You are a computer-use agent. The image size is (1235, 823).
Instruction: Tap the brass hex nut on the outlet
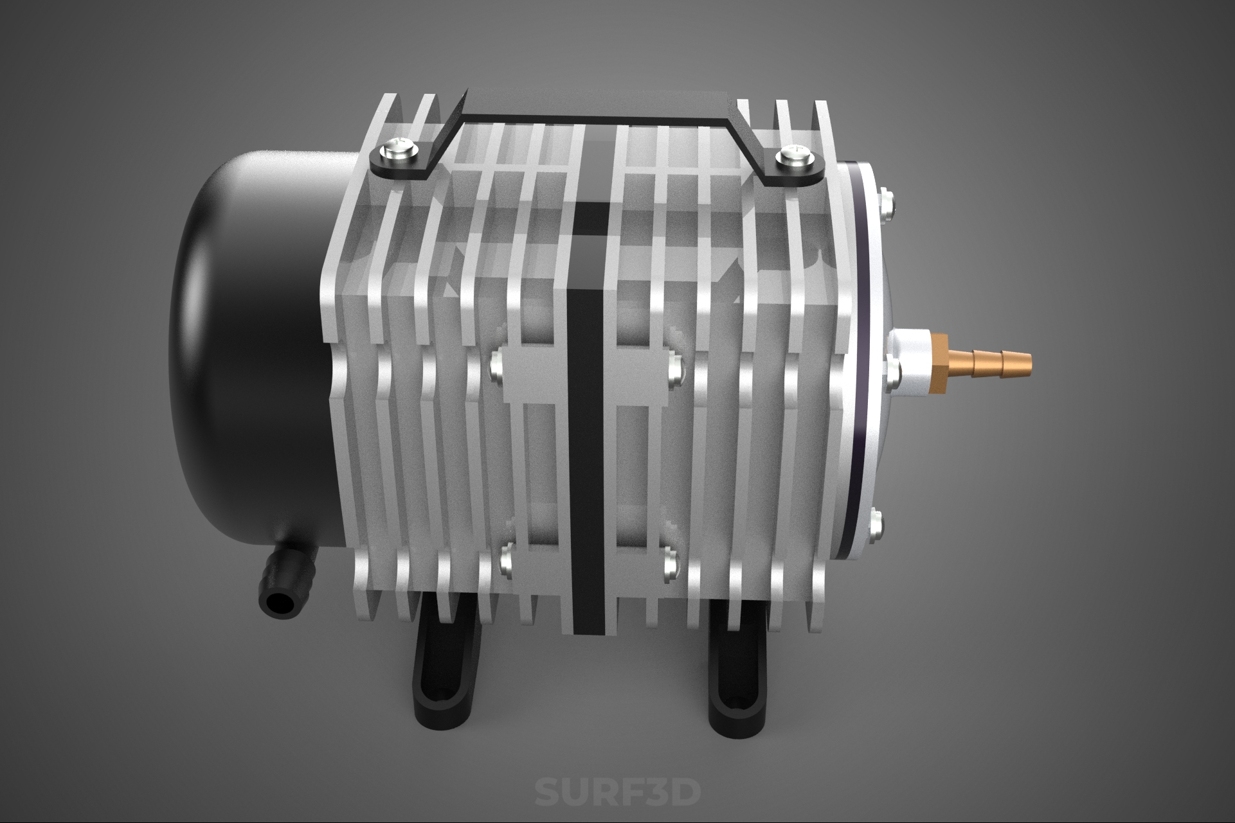tap(940, 363)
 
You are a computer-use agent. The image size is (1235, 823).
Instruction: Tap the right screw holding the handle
tap(795, 156)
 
